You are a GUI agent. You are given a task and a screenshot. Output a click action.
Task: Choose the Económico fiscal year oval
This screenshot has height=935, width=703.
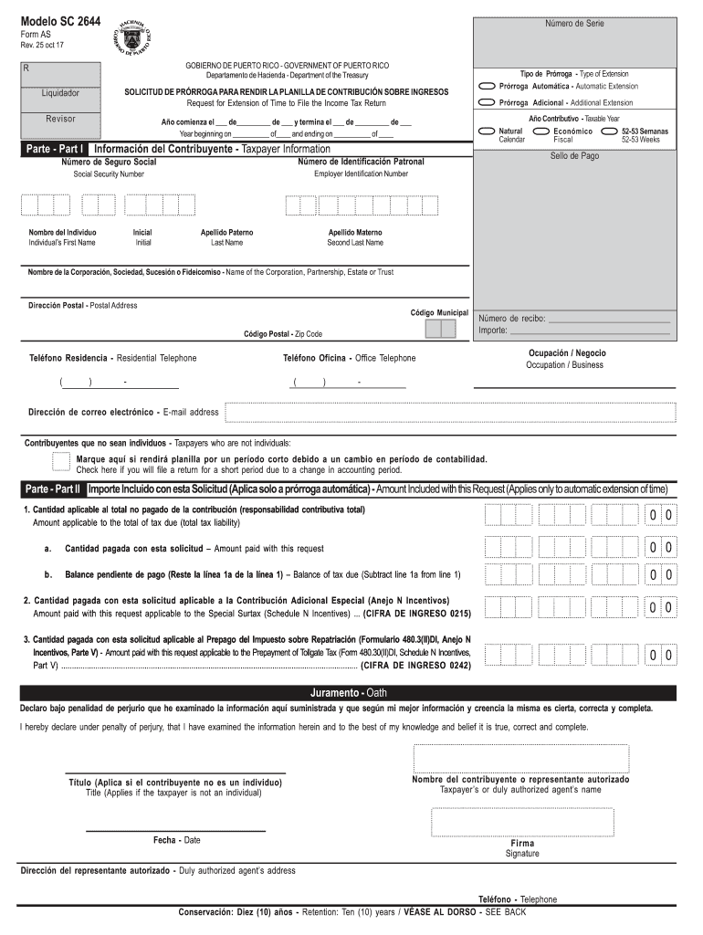(543, 131)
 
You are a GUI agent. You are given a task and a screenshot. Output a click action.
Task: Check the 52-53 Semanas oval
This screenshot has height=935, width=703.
(609, 131)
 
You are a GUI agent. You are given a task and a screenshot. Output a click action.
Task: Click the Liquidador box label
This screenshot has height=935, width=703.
(60, 93)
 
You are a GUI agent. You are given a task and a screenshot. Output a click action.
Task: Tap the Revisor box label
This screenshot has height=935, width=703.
(60, 119)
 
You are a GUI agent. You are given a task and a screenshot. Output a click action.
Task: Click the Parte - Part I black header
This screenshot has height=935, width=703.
(55, 149)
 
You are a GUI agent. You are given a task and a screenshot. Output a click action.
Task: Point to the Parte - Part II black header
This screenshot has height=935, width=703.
(53, 489)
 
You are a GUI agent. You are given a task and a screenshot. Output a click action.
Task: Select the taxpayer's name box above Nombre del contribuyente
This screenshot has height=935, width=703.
(520, 758)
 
